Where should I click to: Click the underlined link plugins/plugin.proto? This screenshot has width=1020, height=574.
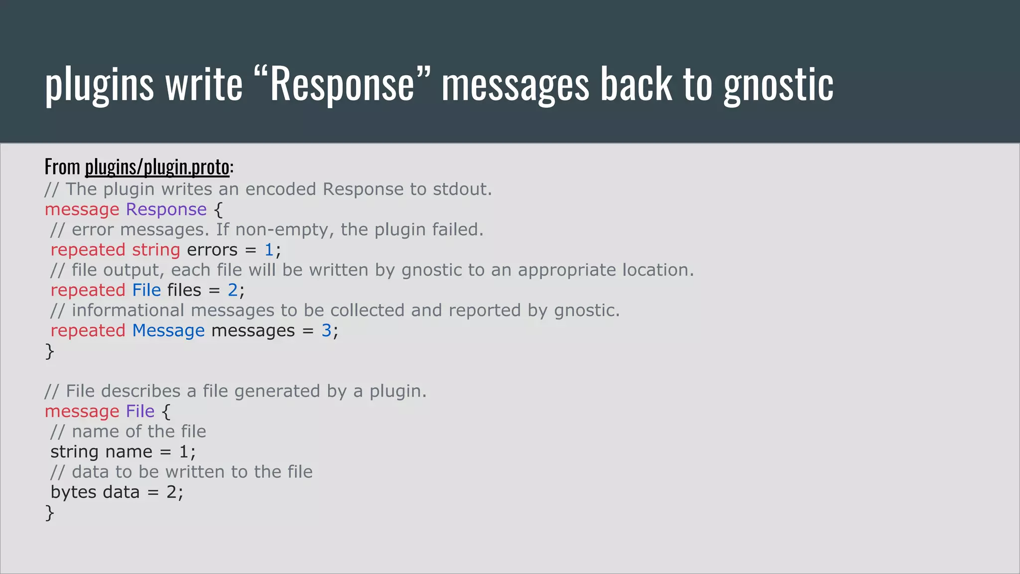click(157, 167)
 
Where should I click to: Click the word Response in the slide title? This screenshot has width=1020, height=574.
click(342, 84)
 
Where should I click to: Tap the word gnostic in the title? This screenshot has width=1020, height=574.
click(778, 84)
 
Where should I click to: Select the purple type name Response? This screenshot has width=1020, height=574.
click(166, 209)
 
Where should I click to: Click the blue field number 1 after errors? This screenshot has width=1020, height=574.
click(269, 250)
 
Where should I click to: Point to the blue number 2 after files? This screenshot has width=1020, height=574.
click(233, 290)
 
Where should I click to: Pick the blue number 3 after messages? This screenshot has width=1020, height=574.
click(326, 330)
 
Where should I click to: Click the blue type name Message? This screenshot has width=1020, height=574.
click(168, 330)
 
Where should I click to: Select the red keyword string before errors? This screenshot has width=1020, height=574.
click(156, 250)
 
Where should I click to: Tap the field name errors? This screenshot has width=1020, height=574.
click(212, 250)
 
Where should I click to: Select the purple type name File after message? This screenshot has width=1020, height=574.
click(140, 411)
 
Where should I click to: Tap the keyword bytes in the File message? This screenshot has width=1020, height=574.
click(73, 492)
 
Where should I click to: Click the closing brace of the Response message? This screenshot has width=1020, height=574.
click(49, 351)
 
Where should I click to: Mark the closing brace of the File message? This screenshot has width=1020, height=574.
click(49, 513)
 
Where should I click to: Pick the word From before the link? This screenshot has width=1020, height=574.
click(62, 167)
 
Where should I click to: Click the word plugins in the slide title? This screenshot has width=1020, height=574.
click(99, 84)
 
